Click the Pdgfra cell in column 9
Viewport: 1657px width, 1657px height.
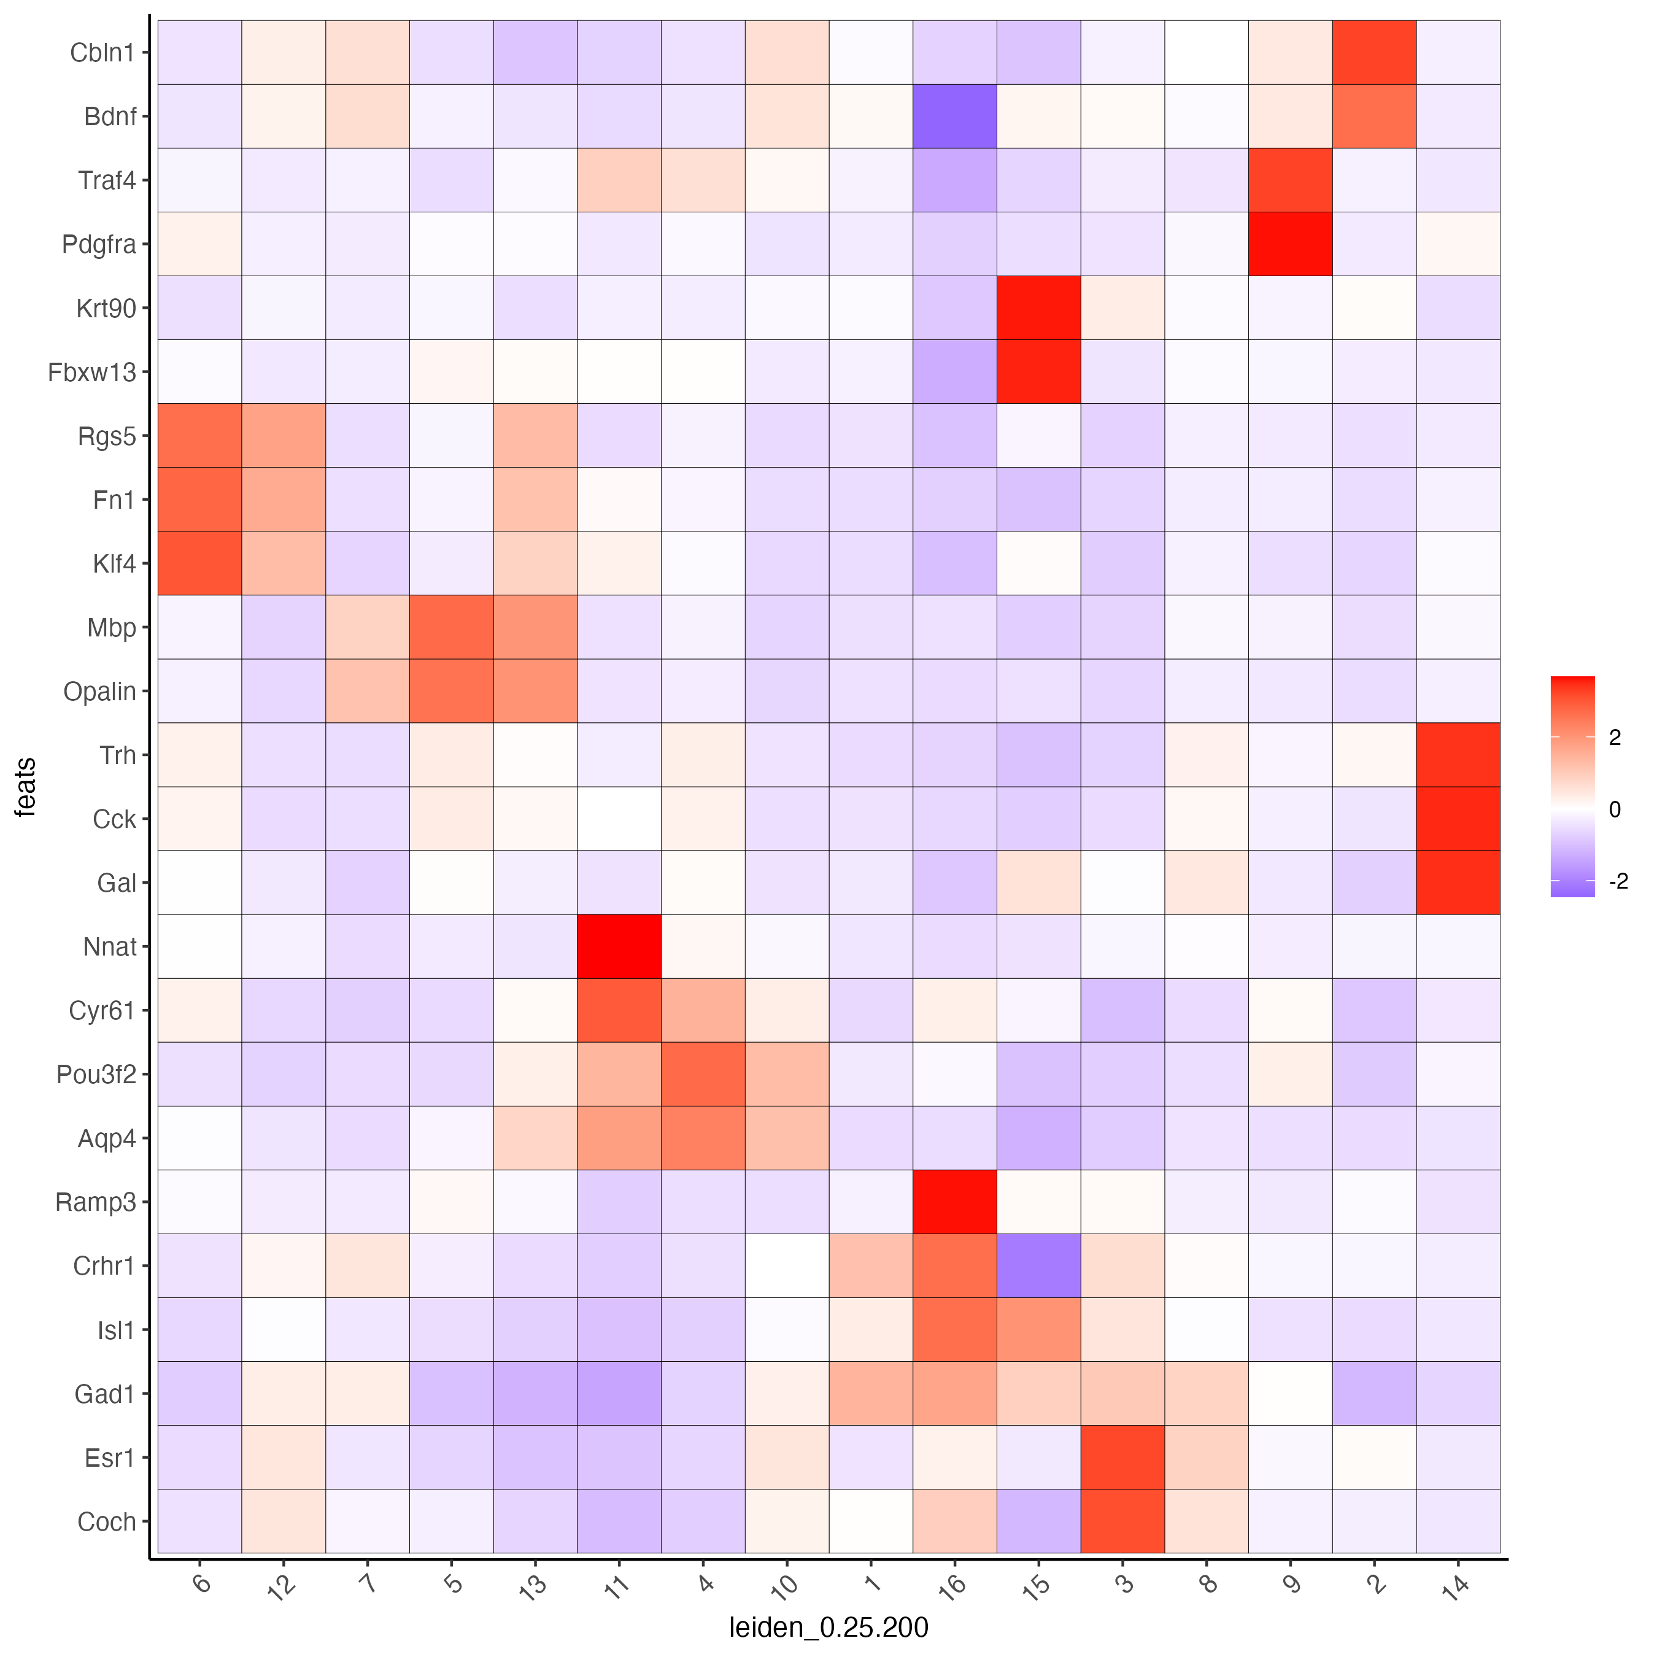click(x=1290, y=244)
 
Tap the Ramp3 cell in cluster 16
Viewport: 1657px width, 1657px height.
click(x=954, y=1202)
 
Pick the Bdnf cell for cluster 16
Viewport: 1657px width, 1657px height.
click(x=954, y=116)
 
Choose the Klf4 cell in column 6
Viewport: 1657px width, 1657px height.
click(x=200, y=563)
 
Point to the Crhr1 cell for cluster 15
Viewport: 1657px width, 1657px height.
click(x=1038, y=1265)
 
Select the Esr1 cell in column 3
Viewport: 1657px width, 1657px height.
click(x=1122, y=1457)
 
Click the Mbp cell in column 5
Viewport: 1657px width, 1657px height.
click(x=451, y=627)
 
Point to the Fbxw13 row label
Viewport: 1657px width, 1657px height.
click(x=92, y=371)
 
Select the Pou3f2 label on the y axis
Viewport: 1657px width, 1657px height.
click(x=96, y=1074)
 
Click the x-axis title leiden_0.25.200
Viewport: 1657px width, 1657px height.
click(x=829, y=1628)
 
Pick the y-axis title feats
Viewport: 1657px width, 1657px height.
click(x=26, y=787)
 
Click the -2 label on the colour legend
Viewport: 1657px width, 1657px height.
click(x=1616, y=882)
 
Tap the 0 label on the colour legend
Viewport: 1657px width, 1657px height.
click(x=1615, y=809)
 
